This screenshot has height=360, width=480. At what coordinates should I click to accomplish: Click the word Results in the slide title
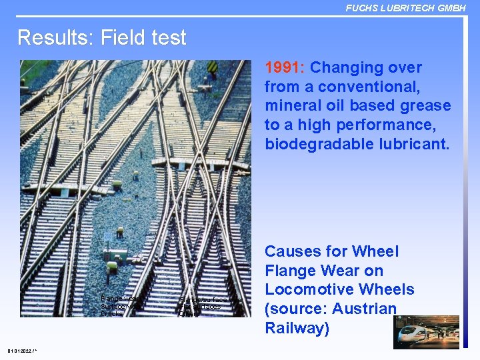tap(55, 37)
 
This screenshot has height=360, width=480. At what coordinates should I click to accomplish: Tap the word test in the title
tap(169, 37)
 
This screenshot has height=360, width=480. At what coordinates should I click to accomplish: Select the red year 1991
tap(285, 68)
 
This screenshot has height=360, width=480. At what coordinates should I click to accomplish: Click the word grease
tap(424, 106)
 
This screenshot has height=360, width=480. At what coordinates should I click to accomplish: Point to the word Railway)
tap(297, 329)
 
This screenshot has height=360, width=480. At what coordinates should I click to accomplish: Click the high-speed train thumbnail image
tap(426, 332)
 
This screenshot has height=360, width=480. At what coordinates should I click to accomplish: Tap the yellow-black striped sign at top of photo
tap(213, 67)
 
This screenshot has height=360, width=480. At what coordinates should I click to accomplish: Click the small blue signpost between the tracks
tap(108, 237)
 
